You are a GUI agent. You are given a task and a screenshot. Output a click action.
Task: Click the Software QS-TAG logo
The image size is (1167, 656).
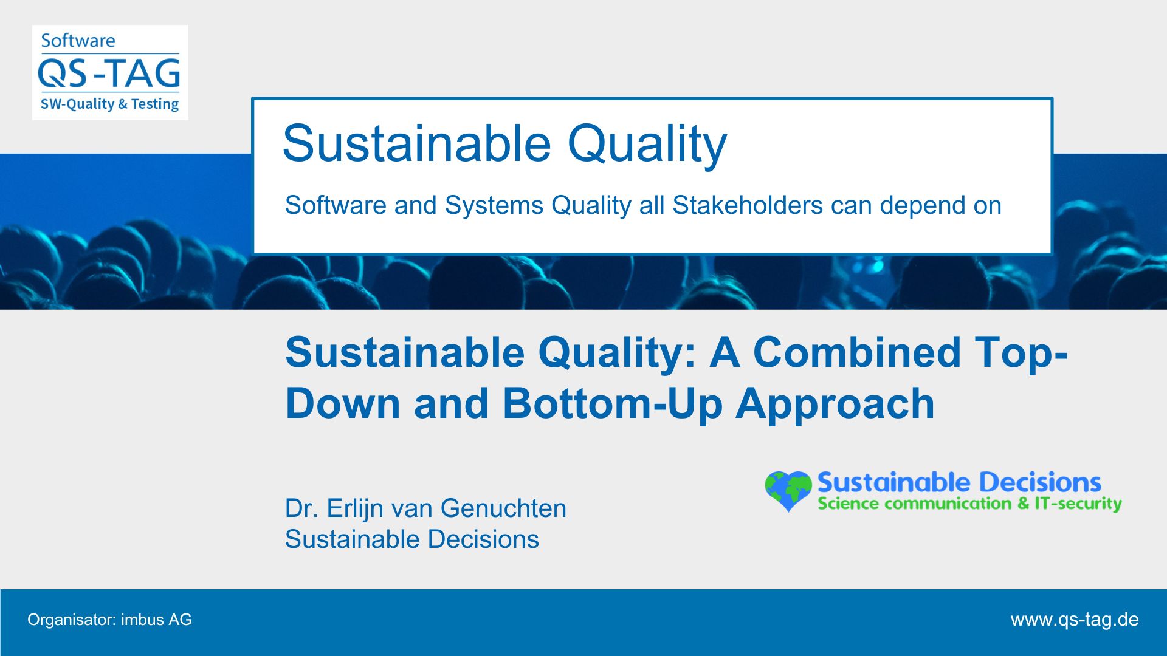pyautogui.click(x=110, y=72)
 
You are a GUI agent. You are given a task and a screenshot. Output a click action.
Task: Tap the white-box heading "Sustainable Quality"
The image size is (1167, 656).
pyautogui.click(x=504, y=145)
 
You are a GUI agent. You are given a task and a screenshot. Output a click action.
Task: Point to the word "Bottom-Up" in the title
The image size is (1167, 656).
pyautogui.click(x=613, y=403)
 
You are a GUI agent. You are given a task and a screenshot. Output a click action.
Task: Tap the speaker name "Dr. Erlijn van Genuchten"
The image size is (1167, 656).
pyautogui.click(x=425, y=509)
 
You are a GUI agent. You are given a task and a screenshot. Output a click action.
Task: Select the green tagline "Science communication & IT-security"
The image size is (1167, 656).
pyautogui.click(x=969, y=504)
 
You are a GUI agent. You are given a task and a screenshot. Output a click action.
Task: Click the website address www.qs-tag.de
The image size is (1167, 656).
pyautogui.click(x=1075, y=620)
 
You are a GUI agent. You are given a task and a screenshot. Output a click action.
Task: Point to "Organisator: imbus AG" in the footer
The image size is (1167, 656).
pyautogui.click(x=109, y=620)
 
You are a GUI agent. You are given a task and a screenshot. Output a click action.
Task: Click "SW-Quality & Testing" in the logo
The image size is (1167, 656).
pyautogui.click(x=109, y=104)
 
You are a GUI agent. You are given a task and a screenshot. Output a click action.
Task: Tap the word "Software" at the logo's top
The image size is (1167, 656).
pyautogui.click(x=78, y=41)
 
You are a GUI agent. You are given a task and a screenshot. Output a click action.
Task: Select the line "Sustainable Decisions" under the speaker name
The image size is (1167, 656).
pyautogui.click(x=412, y=539)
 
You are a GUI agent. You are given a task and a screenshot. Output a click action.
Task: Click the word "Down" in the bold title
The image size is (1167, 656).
pyautogui.click(x=343, y=403)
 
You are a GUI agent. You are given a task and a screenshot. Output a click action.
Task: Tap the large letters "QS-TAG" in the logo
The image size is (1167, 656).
pyautogui.click(x=109, y=73)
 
